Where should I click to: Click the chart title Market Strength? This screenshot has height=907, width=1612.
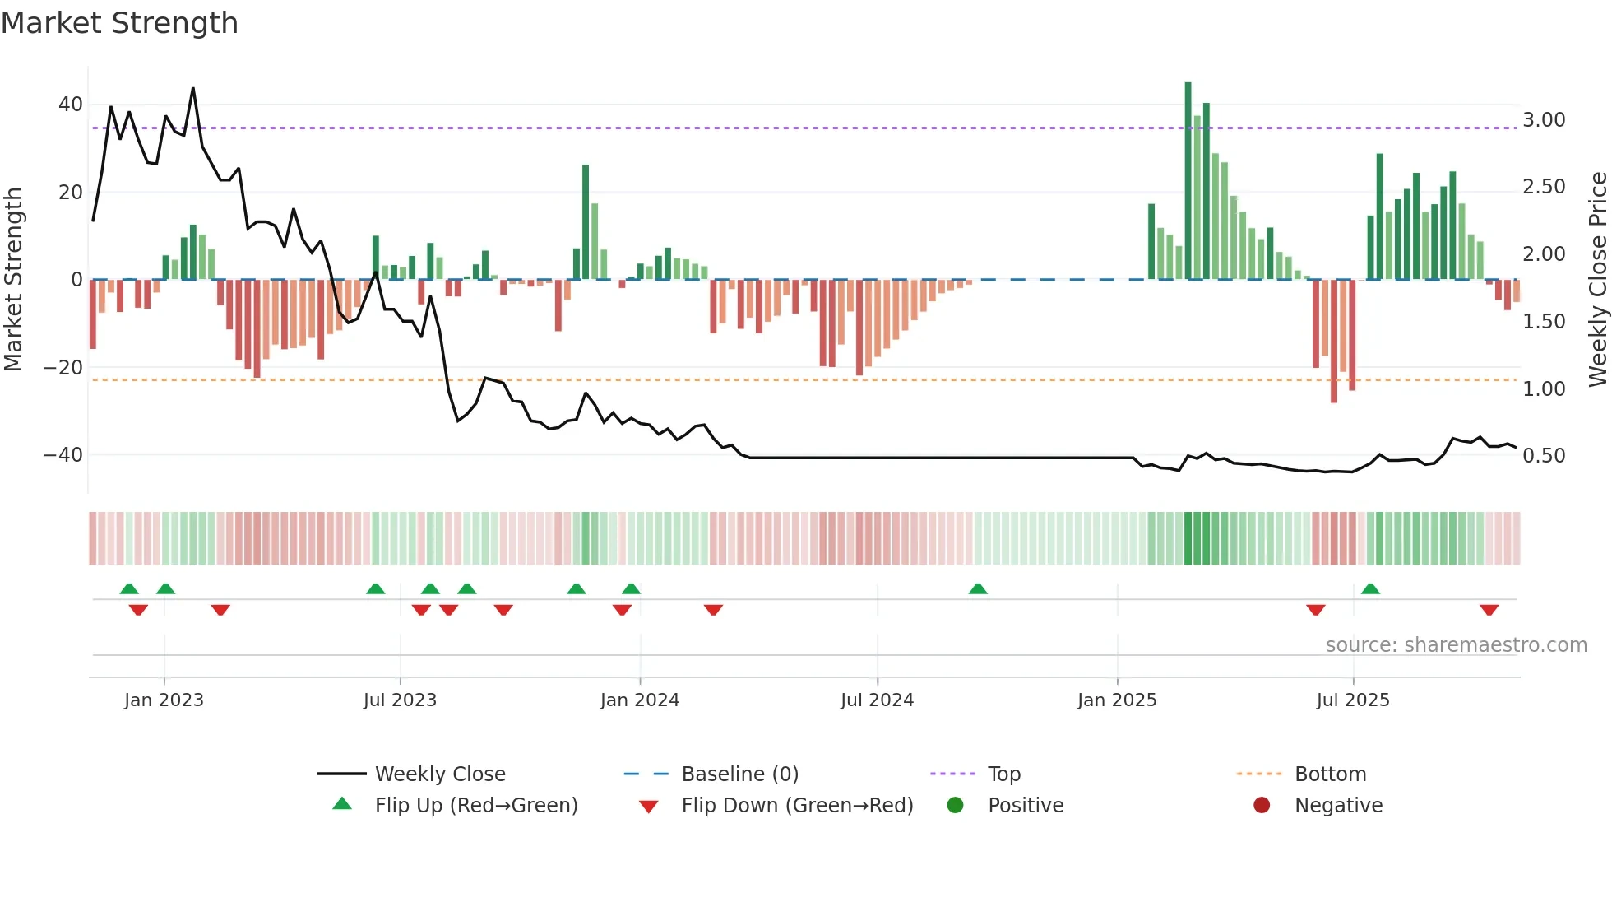pyautogui.click(x=120, y=23)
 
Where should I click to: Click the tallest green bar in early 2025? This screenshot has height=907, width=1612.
pyautogui.click(x=1188, y=181)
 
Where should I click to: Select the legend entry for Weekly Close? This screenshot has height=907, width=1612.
pyautogui.click(x=439, y=774)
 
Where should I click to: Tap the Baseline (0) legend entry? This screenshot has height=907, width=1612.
pyautogui.click(x=739, y=774)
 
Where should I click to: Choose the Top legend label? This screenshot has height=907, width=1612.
pyautogui.click(x=1003, y=774)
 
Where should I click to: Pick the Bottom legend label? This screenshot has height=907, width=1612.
pyautogui.click(x=1330, y=774)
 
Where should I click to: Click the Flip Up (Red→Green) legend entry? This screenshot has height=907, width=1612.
pyautogui.click(x=475, y=806)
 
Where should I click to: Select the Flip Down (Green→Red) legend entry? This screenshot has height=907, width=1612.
pyautogui.click(x=796, y=806)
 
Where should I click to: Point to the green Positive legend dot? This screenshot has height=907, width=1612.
pyautogui.click(x=955, y=805)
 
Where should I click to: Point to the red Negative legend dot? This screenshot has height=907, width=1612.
pyautogui.click(x=1262, y=805)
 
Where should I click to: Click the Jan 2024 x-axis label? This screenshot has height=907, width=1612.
pyautogui.click(x=639, y=700)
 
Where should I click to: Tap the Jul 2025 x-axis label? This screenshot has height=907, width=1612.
pyautogui.click(x=1352, y=700)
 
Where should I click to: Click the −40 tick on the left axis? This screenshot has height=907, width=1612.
pyautogui.click(x=63, y=455)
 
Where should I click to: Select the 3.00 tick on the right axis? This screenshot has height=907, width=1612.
pyautogui.click(x=1544, y=120)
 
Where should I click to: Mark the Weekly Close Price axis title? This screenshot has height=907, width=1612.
pyautogui.click(x=1597, y=280)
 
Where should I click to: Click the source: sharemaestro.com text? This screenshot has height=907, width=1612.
pyautogui.click(x=1456, y=645)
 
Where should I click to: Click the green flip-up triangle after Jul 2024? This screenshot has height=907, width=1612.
pyautogui.click(x=978, y=588)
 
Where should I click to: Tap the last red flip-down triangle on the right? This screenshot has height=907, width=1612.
pyautogui.click(x=1489, y=610)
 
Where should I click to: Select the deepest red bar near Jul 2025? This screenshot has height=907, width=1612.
pyautogui.click(x=1334, y=342)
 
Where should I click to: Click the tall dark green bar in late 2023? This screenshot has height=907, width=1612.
pyautogui.click(x=586, y=222)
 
